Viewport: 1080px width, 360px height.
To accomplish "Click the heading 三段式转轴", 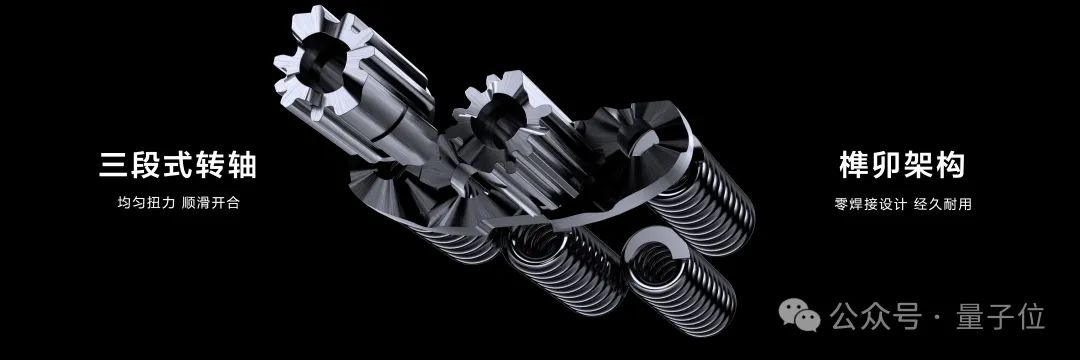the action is point(178,166).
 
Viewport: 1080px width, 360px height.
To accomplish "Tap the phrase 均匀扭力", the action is point(144,203).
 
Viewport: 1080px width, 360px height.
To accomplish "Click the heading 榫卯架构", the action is point(902,166).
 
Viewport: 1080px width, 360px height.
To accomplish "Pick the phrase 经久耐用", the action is point(943,204).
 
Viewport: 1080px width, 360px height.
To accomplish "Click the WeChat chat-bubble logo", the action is point(799,315).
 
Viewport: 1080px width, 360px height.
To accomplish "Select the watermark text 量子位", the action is point(1000,317).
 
